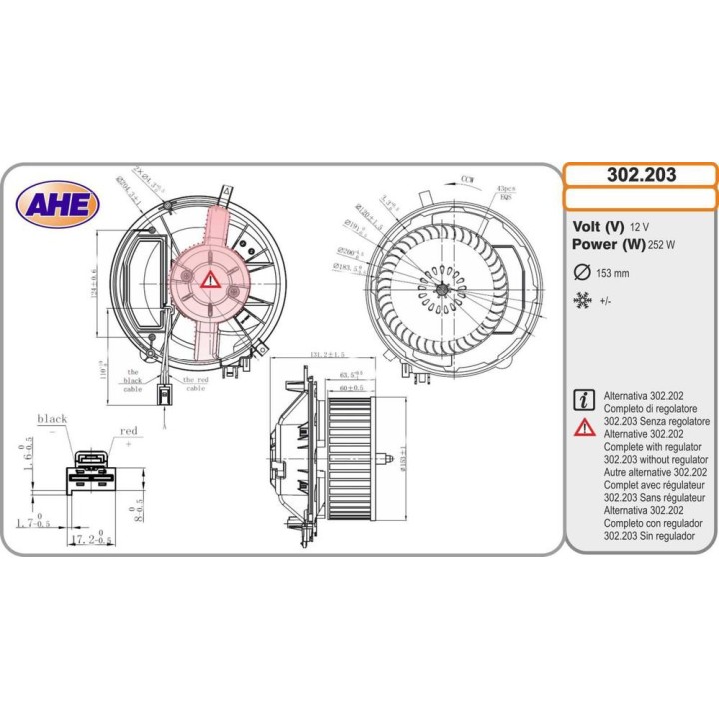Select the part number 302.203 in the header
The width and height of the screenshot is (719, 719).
[x=641, y=175]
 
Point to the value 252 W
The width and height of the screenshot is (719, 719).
[x=662, y=245]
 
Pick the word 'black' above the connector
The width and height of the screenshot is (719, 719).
[x=52, y=419]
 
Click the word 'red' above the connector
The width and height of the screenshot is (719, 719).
[x=128, y=431]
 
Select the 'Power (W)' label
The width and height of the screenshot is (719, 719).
[x=608, y=244]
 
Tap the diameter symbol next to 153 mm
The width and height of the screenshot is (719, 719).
[x=582, y=272]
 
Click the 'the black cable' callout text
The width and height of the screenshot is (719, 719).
[x=133, y=379]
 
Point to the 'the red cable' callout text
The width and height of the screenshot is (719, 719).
[x=194, y=383]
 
